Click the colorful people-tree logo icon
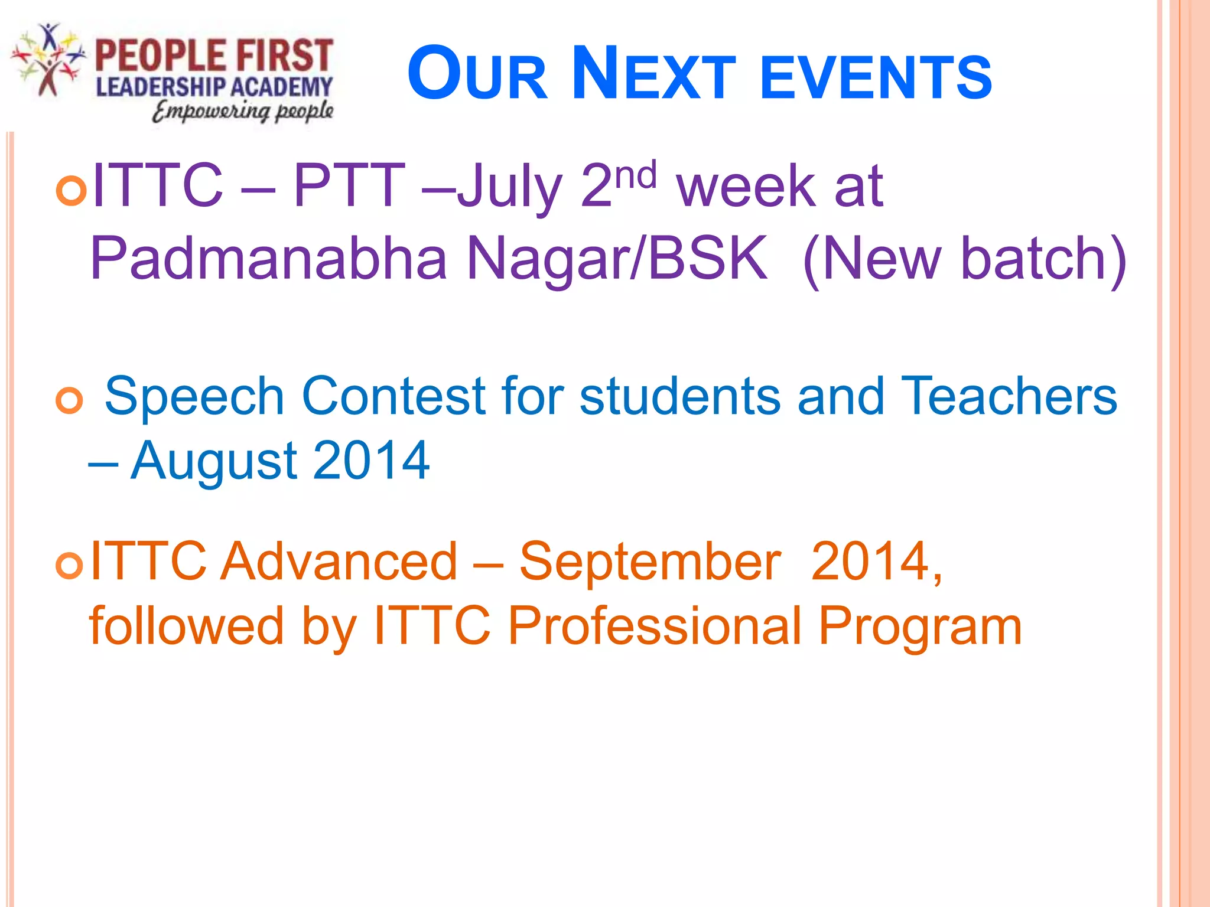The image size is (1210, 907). pyautogui.click(x=48, y=59)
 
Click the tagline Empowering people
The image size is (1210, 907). pyautogui.click(x=243, y=111)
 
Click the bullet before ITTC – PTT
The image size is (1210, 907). pyautogui.click(x=71, y=191)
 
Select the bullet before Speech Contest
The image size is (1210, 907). pyautogui.click(x=69, y=402)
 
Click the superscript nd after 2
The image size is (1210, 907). pyautogui.click(x=636, y=176)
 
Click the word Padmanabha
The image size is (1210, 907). pyautogui.click(x=269, y=259)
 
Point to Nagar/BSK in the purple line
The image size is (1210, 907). pyautogui.click(x=617, y=259)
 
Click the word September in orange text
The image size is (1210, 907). pyautogui.click(x=650, y=562)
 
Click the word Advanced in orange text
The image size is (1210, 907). pyautogui.click(x=339, y=562)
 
